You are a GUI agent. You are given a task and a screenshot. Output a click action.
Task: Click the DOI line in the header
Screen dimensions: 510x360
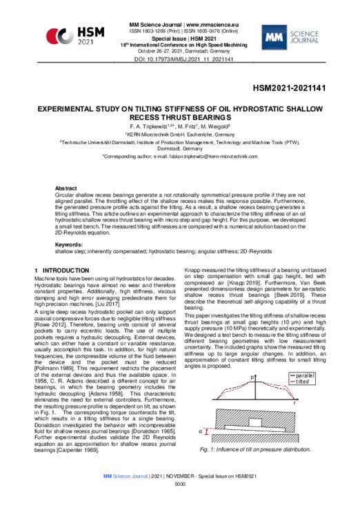point(179,60)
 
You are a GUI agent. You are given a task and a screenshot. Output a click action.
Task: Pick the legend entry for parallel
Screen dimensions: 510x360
point(303,375)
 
